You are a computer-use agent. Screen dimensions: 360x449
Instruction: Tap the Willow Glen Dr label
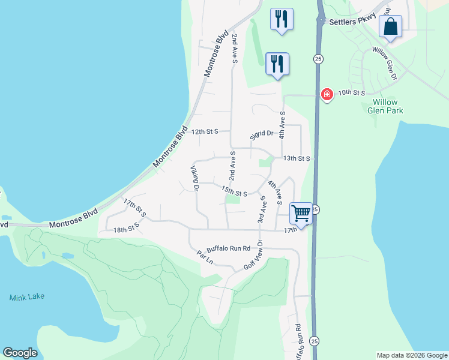[x=385, y=64]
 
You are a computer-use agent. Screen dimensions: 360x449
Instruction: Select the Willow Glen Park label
[x=385, y=106]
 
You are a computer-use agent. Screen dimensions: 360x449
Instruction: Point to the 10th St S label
[x=351, y=93]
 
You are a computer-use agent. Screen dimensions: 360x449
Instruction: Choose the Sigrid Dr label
[x=262, y=133]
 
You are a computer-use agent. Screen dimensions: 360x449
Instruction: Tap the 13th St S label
[x=297, y=158]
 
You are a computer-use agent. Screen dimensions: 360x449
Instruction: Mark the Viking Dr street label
[x=194, y=179]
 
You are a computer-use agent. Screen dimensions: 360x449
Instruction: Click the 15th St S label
[x=234, y=192]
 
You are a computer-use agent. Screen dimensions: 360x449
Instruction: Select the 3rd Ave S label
[x=262, y=209]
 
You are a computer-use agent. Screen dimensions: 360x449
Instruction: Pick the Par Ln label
[x=205, y=257]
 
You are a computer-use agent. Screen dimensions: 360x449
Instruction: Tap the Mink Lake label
[x=27, y=297]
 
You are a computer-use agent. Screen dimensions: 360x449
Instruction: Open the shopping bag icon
[x=390, y=27]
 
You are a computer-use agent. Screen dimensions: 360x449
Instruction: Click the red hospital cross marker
[x=327, y=94]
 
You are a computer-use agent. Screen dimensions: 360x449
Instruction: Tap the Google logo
[x=20, y=353]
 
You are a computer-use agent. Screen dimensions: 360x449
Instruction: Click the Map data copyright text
[x=411, y=355]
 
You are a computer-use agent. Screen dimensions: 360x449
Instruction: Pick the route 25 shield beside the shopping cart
[x=316, y=209]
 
